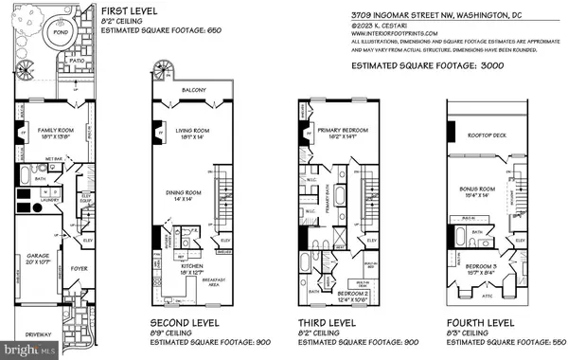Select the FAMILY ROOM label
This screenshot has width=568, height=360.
(x=42, y=128)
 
